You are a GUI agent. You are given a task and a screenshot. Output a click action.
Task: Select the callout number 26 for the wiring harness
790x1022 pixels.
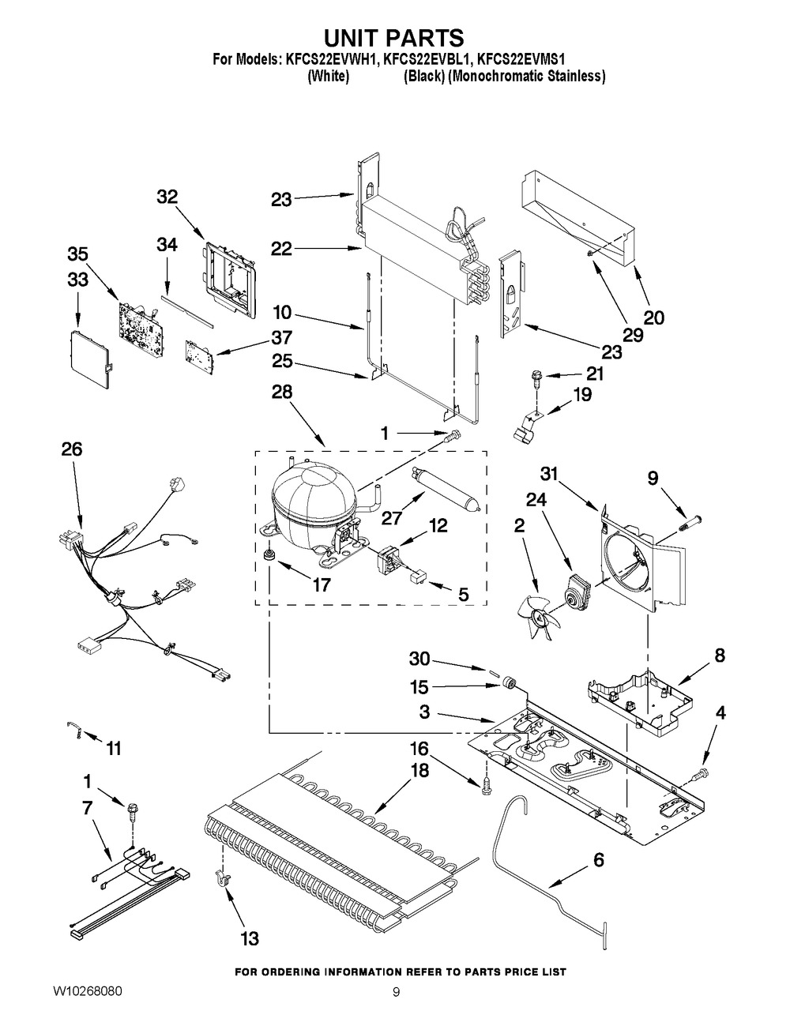(71, 449)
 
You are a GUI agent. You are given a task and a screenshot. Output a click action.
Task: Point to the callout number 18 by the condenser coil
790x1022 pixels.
(419, 770)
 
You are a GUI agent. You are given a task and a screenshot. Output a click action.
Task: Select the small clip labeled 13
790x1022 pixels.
(220, 876)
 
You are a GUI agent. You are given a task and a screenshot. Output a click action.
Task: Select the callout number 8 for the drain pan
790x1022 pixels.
(719, 655)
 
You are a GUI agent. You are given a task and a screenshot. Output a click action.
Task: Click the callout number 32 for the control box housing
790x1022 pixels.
(167, 197)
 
